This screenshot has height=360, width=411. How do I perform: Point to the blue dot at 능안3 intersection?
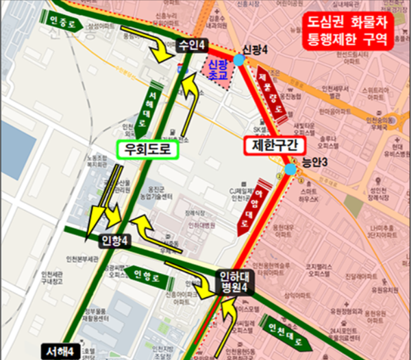(291, 168)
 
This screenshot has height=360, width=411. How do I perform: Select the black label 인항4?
(114, 240)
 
